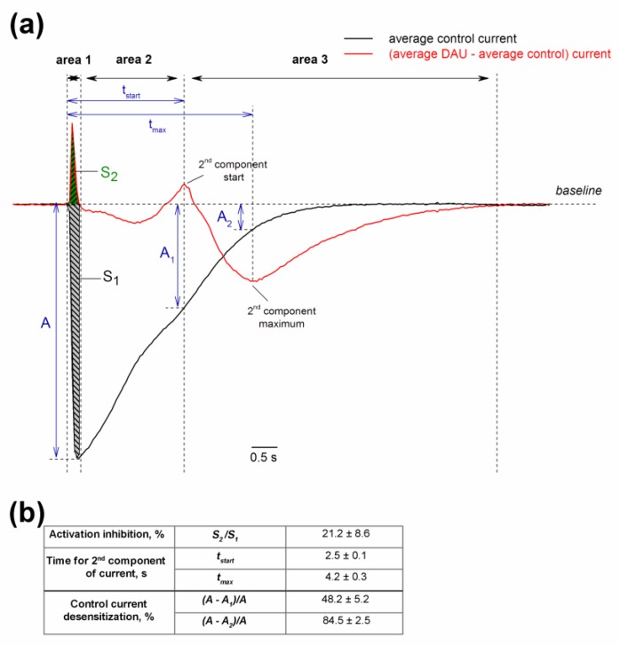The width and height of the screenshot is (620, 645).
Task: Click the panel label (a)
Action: [x=27, y=26]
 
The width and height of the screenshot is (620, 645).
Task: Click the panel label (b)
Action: [x=28, y=514]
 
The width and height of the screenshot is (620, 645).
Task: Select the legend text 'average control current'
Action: [x=452, y=39]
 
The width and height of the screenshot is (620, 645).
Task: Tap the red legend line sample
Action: [x=358, y=54]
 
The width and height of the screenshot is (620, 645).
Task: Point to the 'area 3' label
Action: [x=310, y=59]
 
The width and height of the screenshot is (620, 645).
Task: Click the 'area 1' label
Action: [x=74, y=60]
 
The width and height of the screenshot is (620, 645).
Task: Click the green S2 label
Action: [x=109, y=173]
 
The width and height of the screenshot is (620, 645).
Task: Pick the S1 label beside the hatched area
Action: [x=111, y=277]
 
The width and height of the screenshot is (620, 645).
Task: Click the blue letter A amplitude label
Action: [x=45, y=323]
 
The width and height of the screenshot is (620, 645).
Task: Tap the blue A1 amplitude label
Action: [x=167, y=254]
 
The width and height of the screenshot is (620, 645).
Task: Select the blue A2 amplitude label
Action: [x=225, y=218]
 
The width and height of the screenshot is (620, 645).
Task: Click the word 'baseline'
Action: [x=578, y=191]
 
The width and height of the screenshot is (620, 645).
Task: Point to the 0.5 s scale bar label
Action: [x=264, y=457]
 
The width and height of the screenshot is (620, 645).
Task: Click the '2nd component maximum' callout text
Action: [x=282, y=317]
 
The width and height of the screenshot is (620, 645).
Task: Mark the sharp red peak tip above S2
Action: [x=72, y=123]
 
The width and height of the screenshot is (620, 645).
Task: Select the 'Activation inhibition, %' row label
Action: [x=107, y=534]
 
